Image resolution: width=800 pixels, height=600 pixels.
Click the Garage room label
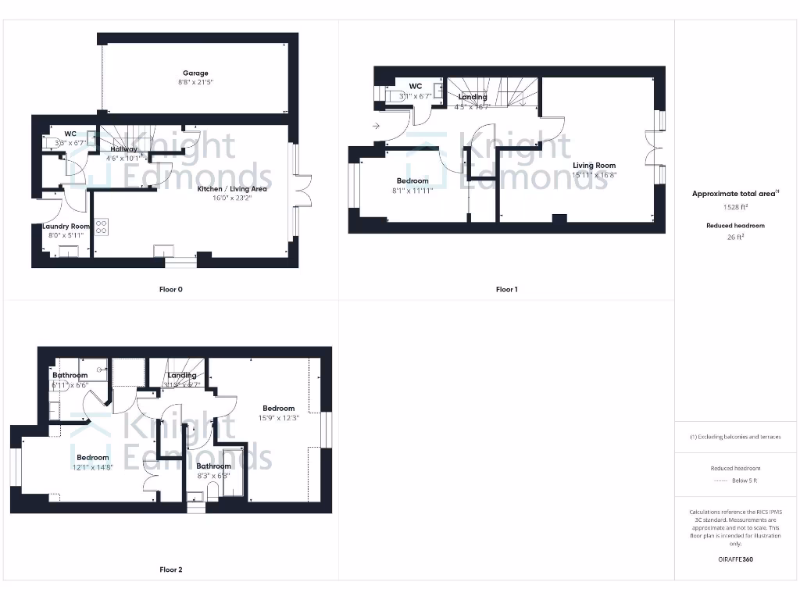(195, 73)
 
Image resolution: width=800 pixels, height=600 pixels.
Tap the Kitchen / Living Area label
(232, 189)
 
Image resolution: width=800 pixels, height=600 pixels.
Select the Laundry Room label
(66, 227)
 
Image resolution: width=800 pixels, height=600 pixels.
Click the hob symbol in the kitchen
(102, 227)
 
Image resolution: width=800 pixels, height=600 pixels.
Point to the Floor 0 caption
(170, 289)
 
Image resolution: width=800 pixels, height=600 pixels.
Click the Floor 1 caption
(506, 289)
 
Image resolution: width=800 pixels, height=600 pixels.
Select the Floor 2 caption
(170, 570)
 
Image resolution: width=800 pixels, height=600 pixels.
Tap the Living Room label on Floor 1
(594, 166)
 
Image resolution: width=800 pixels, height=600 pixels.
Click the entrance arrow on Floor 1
(377, 126)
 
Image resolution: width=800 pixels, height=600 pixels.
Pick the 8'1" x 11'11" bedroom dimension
(412, 190)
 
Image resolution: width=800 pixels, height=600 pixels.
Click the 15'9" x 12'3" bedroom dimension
(278, 417)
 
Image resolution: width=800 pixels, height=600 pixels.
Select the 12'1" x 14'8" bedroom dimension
(92, 467)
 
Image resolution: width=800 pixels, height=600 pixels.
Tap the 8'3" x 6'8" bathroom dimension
(213, 475)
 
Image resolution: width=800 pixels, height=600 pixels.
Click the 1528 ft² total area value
(735, 208)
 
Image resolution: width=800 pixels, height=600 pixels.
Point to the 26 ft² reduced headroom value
(735, 238)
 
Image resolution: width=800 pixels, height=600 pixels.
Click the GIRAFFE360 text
(735, 559)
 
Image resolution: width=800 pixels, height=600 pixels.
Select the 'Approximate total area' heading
(734, 194)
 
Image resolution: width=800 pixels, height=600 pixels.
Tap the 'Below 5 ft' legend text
(744, 480)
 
